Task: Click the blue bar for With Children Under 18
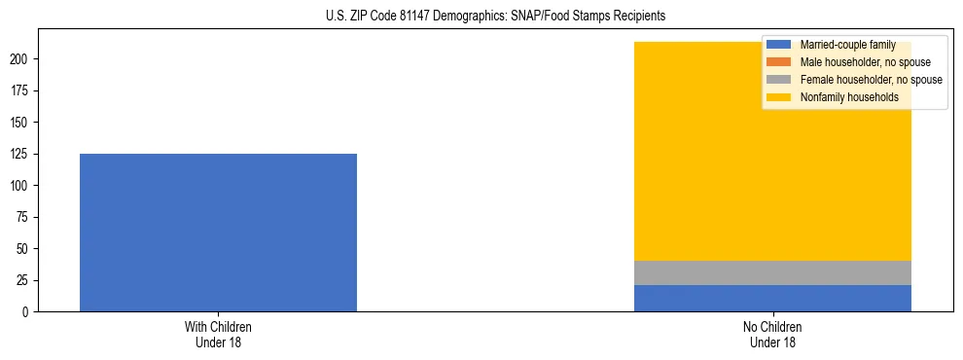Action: pos(218,233)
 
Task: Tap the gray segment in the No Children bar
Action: pos(772,273)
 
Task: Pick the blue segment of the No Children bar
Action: pos(772,299)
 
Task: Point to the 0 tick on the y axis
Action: pos(27,312)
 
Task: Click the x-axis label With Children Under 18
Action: pos(218,335)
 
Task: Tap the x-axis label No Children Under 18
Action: pos(772,335)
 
